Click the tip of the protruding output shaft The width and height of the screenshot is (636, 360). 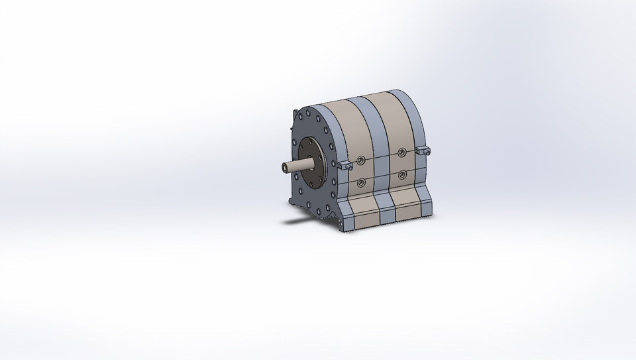click(x=283, y=166)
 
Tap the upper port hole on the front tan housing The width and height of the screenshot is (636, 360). click(x=360, y=160)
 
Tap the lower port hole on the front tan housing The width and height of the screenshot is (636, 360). click(x=361, y=183)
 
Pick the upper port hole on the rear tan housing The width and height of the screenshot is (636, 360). click(x=401, y=153)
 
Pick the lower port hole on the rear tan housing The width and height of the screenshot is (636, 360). click(x=402, y=175)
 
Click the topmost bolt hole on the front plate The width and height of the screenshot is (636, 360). click(x=309, y=115)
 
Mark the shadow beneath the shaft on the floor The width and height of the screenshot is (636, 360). click(x=298, y=221)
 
